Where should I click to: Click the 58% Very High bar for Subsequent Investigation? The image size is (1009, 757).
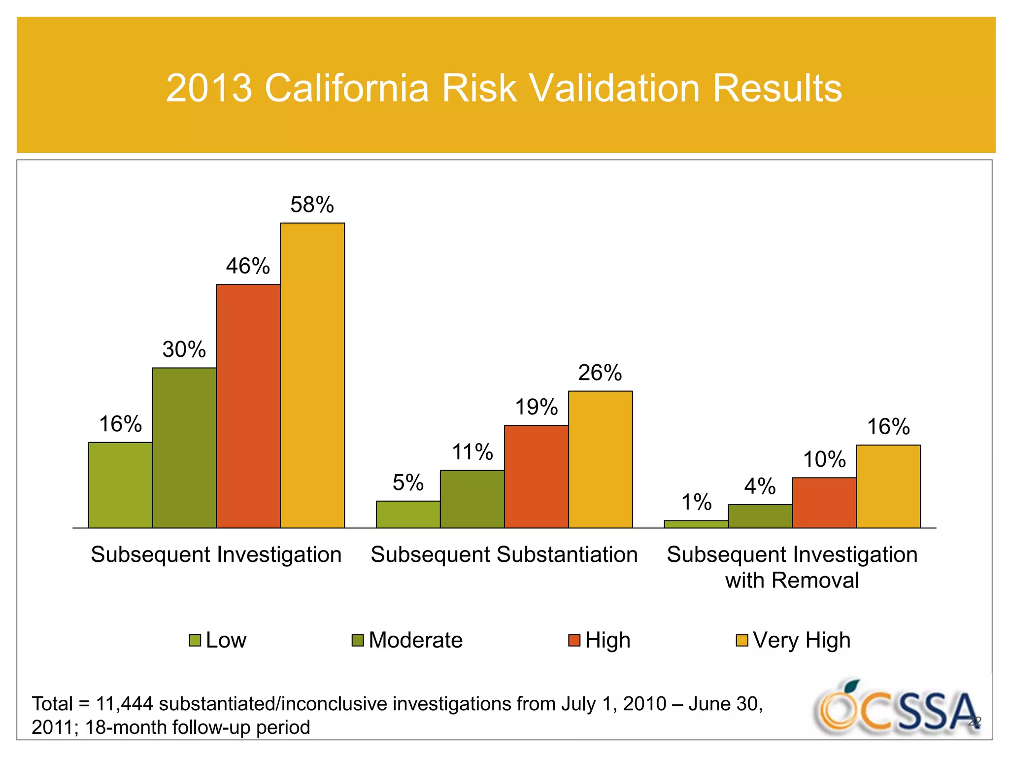tap(312, 376)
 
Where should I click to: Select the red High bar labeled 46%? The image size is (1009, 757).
tap(248, 406)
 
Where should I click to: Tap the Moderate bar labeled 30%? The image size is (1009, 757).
tap(184, 447)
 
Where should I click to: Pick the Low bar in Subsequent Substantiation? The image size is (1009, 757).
tap(408, 515)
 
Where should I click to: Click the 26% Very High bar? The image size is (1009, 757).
tap(600, 459)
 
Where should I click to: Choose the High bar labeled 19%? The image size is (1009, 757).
tap(536, 477)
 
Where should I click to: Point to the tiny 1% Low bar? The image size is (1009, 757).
tap(696, 524)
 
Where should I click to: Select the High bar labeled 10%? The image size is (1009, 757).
tap(824, 503)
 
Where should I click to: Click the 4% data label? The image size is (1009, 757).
tap(760, 486)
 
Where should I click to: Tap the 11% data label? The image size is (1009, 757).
tap(472, 452)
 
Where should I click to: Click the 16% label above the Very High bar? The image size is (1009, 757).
tap(888, 427)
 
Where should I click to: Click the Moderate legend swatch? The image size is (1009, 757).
tap(358, 640)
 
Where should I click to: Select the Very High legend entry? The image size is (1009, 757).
tap(801, 640)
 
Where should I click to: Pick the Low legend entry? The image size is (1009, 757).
tap(226, 640)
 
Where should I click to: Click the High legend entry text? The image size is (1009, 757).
tap(607, 640)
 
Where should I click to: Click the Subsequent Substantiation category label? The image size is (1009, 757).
tap(504, 554)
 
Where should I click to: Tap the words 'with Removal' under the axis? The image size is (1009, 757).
tap(792, 580)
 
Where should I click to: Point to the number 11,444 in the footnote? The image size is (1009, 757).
tap(124, 704)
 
